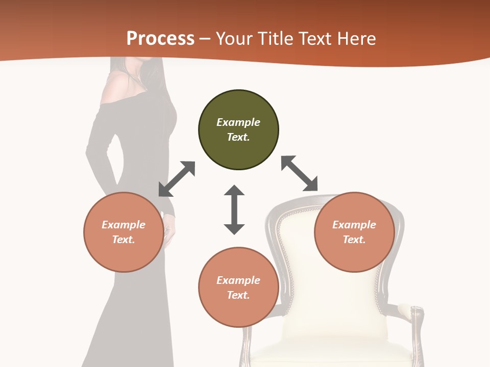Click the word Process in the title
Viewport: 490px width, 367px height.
[x=160, y=39]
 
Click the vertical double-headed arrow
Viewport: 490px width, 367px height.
[x=234, y=209]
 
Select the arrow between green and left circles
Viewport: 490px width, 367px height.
[x=177, y=179]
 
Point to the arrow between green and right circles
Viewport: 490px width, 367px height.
[x=299, y=173]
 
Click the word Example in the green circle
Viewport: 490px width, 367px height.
[x=238, y=122]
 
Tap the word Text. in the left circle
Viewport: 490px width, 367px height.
[x=124, y=240]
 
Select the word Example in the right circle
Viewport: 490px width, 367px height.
[x=354, y=225]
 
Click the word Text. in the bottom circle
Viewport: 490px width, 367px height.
[x=238, y=295]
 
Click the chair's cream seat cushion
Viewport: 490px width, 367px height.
[x=332, y=352]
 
